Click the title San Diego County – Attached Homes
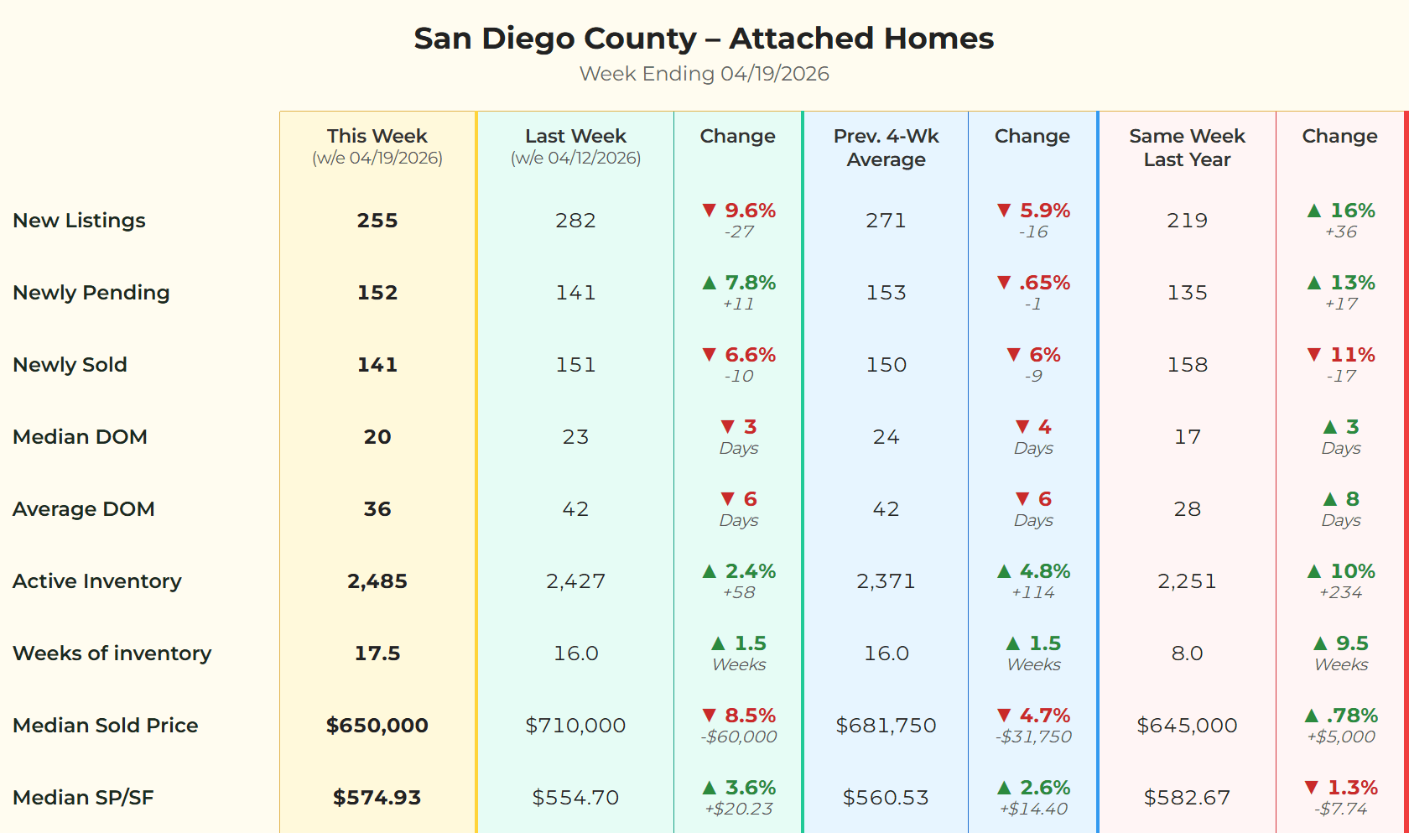point(704,39)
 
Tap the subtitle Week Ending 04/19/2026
point(704,74)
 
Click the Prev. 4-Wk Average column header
point(886,148)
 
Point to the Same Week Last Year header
point(1187,148)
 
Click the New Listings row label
point(79,221)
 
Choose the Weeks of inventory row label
point(112,653)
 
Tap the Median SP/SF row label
point(83,798)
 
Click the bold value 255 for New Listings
point(377,221)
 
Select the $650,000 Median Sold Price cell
point(377,726)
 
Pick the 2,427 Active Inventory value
point(575,581)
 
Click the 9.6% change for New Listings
point(750,211)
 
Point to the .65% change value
point(1044,283)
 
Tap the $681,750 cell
point(886,726)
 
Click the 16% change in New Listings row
point(1352,211)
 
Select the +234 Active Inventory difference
point(1340,593)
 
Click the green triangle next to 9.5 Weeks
point(1320,643)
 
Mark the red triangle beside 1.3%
point(1312,788)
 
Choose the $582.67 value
point(1187,798)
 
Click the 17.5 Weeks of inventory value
point(377,653)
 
